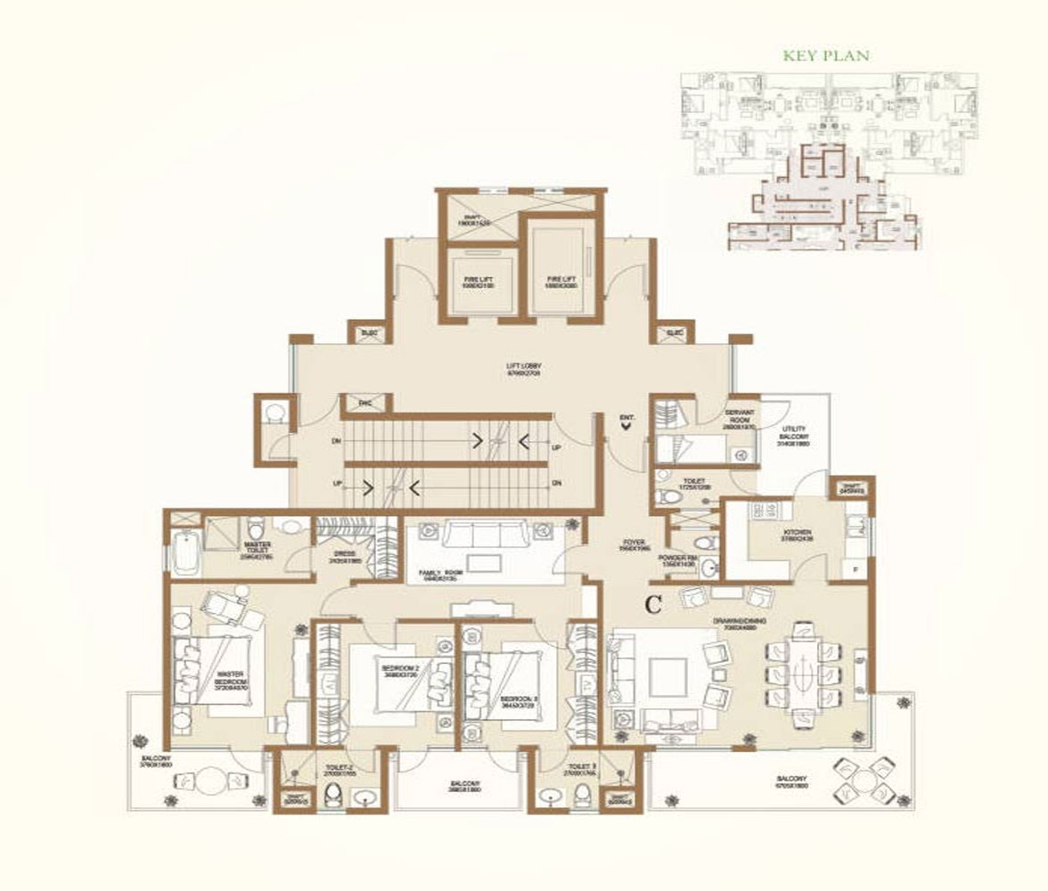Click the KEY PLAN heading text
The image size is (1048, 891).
[x=825, y=55]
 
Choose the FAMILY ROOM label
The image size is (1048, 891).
[x=443, y=574]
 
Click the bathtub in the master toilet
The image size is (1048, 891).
[x=184, y=550]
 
